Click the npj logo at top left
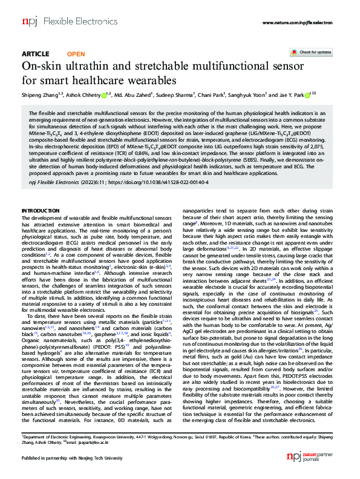28,21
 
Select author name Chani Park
212,94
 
